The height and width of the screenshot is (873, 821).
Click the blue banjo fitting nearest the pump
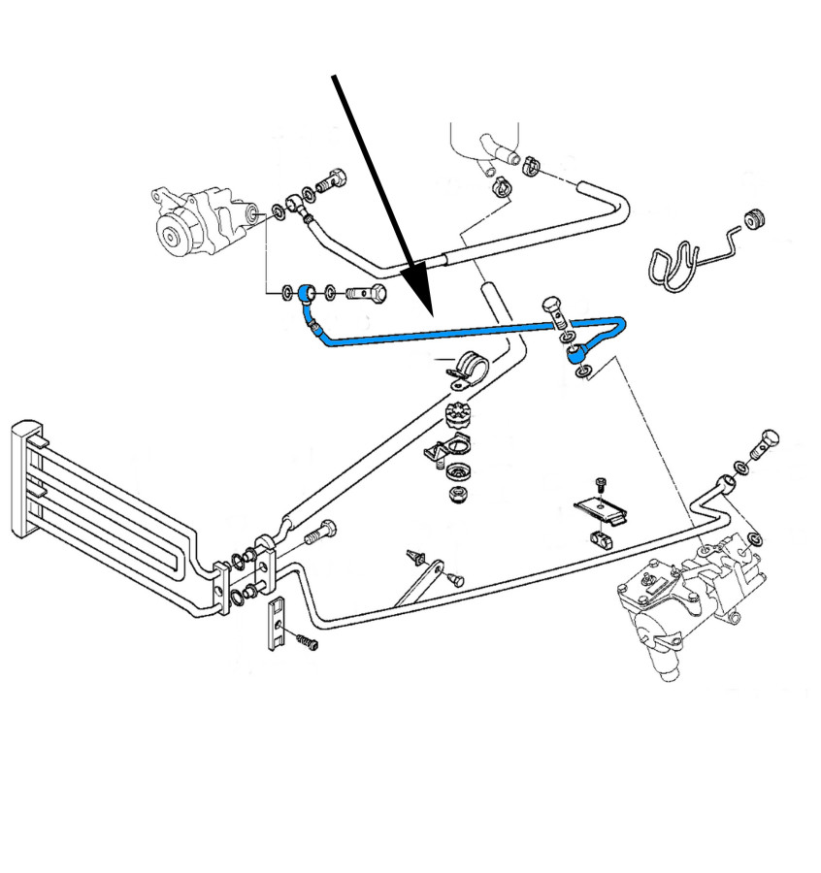307,292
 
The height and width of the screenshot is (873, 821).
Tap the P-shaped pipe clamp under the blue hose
468,369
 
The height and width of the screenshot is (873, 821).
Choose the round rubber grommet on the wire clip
753,220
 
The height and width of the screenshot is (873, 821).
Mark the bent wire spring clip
679,260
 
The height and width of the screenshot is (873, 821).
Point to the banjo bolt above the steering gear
766,444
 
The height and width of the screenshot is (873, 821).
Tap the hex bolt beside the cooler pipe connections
320,532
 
